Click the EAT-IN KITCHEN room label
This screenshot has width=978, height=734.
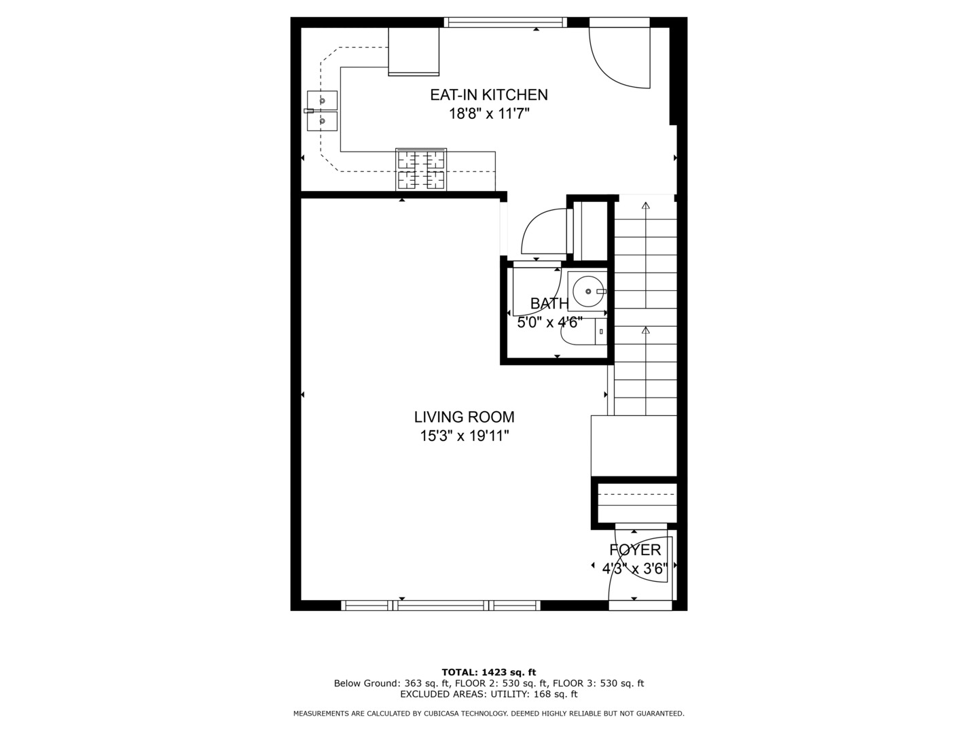point(488,95)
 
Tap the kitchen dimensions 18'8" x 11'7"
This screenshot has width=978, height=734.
point(488,113)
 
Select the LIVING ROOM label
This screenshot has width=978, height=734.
point(464,417)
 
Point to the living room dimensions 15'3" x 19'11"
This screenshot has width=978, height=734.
point(464,436)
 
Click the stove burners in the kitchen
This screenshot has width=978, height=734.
point(421,170)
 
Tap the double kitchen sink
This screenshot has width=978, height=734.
point(322,111)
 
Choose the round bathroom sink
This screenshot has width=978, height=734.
point(586,292)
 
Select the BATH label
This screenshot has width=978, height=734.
point(549,303)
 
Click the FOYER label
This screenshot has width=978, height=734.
point(635,550)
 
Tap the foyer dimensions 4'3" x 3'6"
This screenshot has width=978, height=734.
point(635,568)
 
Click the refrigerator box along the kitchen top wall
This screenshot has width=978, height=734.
point(413,50)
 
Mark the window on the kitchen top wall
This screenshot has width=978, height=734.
point(505,22)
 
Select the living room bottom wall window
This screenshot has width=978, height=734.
point(441,605)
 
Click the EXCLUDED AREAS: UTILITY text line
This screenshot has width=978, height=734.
point(488,695)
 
